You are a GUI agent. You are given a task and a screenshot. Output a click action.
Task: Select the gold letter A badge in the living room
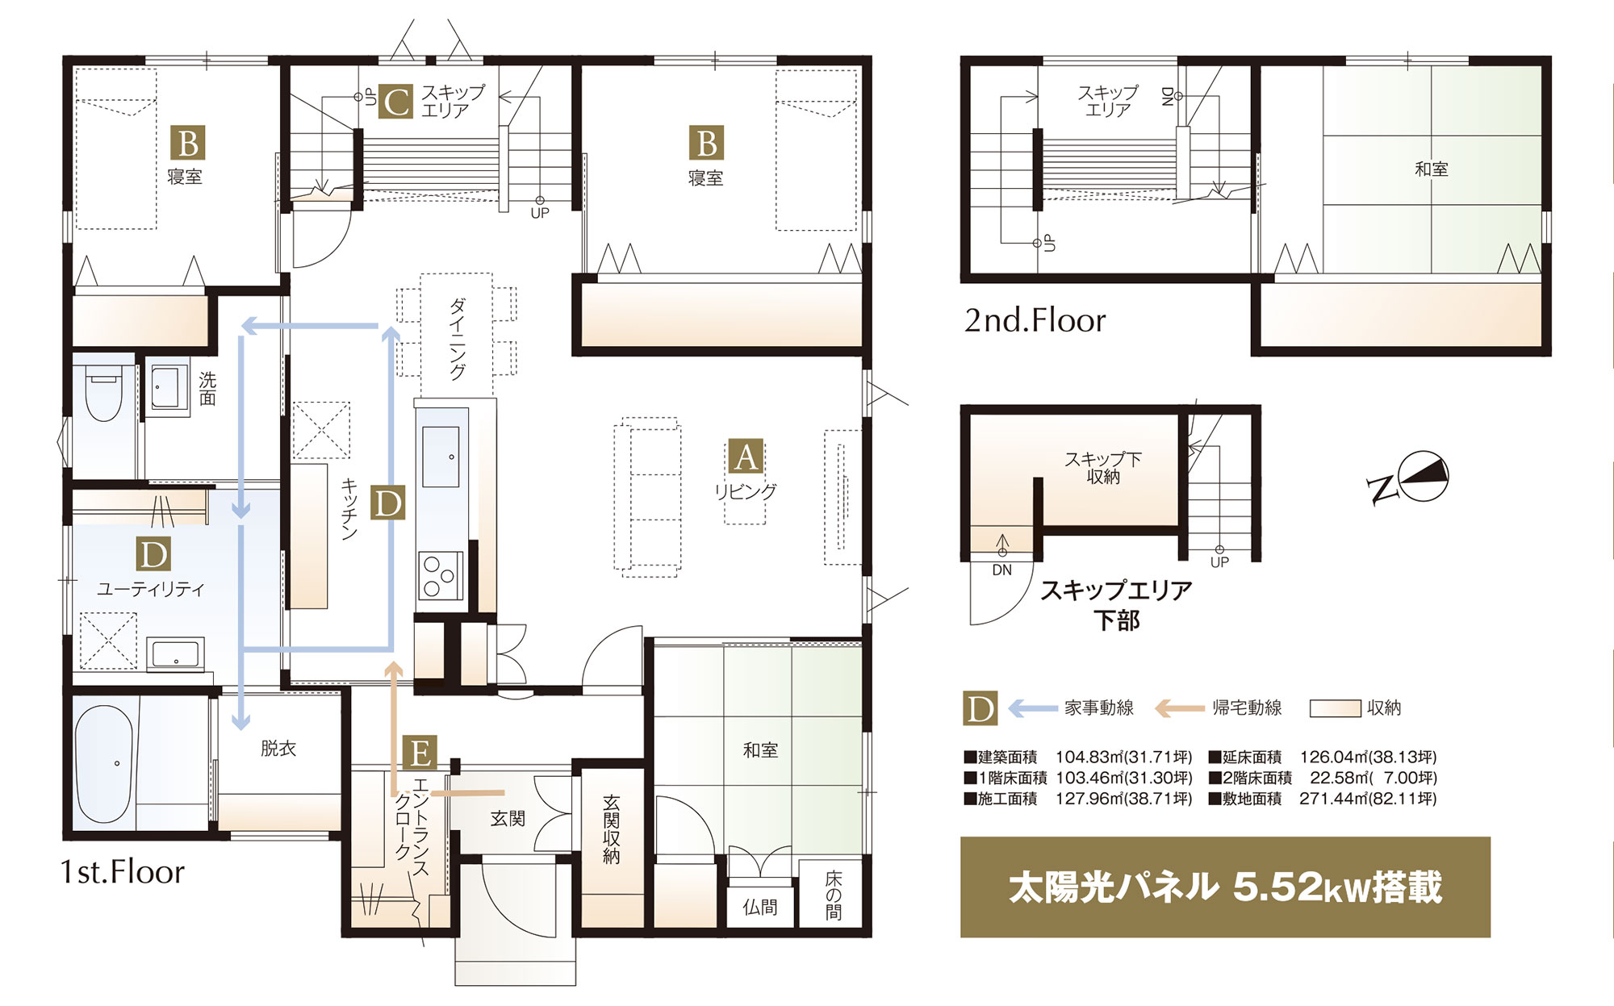[746, 457]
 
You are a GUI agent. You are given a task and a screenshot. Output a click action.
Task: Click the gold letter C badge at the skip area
[396, 102]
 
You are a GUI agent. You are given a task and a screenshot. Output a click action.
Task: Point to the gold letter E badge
[420, 753]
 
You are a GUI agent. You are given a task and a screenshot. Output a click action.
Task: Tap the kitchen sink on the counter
[441, 457]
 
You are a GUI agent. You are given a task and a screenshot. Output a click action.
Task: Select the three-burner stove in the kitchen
[441, 576]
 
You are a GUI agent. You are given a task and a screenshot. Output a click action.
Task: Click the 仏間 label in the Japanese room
[760, 908]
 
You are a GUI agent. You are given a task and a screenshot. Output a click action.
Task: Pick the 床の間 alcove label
[834, 895]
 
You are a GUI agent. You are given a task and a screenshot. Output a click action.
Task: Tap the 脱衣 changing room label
[278, 749]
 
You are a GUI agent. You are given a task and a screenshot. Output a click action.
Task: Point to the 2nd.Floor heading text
[1035, 321]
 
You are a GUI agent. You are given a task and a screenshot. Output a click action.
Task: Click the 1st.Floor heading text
[123, 872]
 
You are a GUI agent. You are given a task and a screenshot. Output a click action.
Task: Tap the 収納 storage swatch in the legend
[1336, 708]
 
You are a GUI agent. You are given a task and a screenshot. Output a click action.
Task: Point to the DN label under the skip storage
[1002, 570]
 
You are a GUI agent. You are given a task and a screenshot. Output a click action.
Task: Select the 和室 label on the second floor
[1432, 169]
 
